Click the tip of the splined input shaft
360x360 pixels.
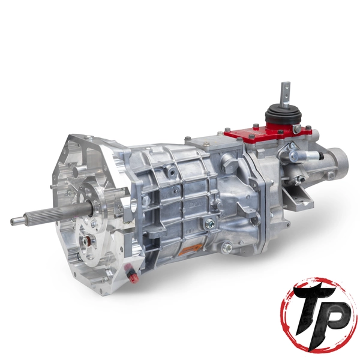tap(14, 221)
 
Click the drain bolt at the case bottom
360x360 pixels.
tap(226, 247)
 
